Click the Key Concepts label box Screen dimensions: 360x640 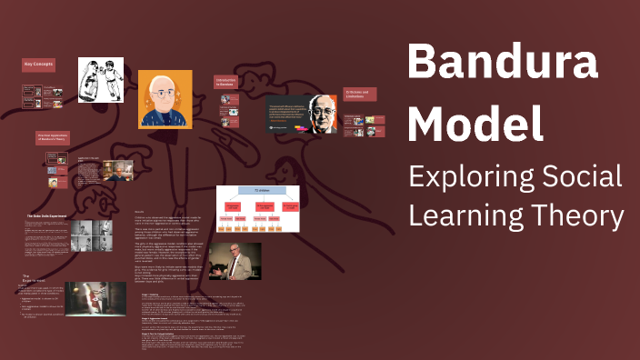40,66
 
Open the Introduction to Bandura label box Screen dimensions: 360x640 230,82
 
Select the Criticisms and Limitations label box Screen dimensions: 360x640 360,95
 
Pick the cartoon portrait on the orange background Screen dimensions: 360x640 165,99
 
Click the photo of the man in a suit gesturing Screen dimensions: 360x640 235,261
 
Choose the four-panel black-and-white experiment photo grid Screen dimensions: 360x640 94,238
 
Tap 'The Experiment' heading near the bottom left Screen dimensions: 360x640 33,278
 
